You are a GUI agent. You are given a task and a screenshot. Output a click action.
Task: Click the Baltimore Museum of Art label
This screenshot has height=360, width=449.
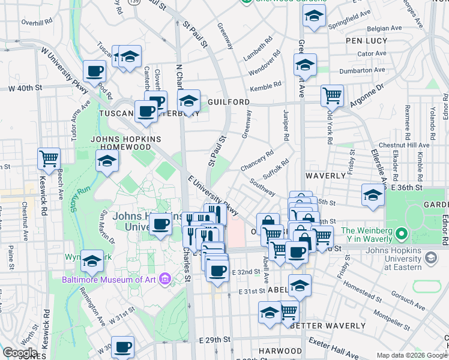click(x=109, y=279)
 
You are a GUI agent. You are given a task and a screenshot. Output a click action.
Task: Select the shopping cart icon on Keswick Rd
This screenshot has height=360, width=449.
click(x=49, y=159)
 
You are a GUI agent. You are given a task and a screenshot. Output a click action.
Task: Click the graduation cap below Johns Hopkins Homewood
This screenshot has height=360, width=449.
click(x=107, y=161)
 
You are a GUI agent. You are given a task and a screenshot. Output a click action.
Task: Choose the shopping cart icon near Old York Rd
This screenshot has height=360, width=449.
click(x=331, y=94)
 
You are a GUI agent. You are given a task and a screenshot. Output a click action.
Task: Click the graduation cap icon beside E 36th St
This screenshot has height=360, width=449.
click(x=373, y=196)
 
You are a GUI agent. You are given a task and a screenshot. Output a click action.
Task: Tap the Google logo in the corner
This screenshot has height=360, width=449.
click(x=20, y=353)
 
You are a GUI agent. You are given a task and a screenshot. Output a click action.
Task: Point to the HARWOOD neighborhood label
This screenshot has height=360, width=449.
click(x=280, y=350)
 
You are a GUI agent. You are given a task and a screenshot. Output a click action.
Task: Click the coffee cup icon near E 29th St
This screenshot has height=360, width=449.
click(x=123, y=347)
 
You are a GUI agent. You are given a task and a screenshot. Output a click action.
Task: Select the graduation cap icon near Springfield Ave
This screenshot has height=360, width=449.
click(x=313, y=17)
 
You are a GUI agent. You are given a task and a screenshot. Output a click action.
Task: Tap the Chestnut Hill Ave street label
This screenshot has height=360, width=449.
click(x=409, y=145)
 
